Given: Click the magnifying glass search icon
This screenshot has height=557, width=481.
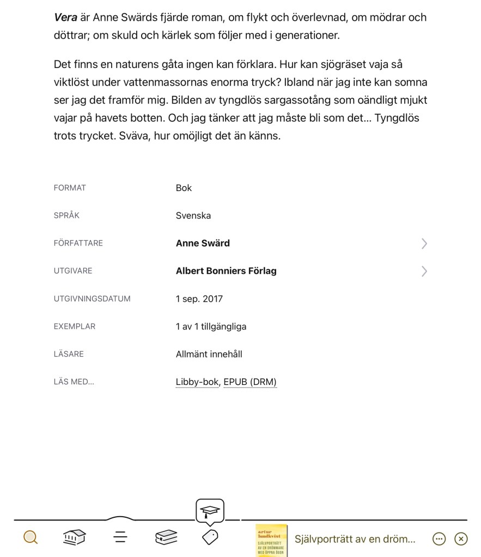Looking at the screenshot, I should coord(31,538).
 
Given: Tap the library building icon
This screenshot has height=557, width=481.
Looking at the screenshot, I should coord(75,537).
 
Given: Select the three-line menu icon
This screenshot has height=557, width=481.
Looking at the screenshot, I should coord(120,537).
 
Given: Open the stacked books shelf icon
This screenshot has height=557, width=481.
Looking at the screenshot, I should coord(166,537).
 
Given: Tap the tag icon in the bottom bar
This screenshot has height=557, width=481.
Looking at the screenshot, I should coord(210,537).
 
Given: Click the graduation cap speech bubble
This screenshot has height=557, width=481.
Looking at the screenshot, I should coord(210,511).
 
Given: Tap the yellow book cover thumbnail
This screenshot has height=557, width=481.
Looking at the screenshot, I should coord(271,540).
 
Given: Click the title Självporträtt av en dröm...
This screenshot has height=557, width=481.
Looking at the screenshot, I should coord(355,539).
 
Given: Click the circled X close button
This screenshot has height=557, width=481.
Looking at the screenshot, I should coord(461,539).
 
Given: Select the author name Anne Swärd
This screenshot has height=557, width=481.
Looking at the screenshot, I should coord(203,243).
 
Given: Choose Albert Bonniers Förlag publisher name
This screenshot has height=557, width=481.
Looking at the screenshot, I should coord(226,271).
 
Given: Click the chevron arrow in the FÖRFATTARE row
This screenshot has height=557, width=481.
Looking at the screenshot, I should coord(424,244).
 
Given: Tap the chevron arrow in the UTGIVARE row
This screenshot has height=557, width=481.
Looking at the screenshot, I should coord(424,271).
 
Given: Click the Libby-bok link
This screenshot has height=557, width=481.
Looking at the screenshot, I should coord(197,382).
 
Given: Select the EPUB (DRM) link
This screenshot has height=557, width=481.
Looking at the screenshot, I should coord(250,382).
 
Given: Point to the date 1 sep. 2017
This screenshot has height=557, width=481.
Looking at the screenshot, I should coord(199,299).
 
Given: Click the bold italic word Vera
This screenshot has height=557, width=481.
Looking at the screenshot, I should coord(65,17).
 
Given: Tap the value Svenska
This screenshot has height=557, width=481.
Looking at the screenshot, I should coord(193,216).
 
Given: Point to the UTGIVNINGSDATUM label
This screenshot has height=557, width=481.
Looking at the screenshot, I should coord(92,299).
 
